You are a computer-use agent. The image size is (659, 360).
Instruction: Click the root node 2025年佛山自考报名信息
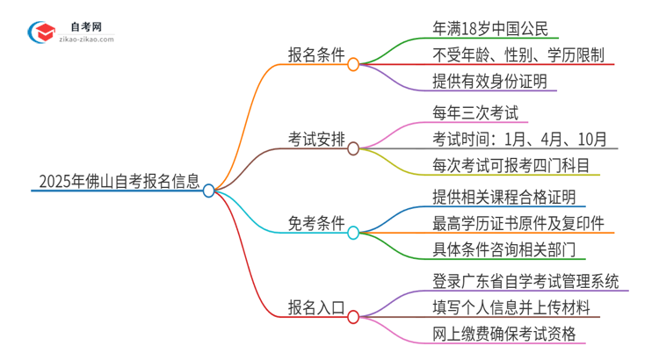(119, 182)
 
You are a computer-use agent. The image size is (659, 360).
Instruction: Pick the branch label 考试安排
(317, 140)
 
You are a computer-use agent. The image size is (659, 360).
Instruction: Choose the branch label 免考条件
(317, 223)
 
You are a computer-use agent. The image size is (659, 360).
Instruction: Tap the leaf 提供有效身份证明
(490, 82)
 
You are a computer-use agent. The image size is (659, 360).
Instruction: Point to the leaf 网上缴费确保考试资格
(504, 334)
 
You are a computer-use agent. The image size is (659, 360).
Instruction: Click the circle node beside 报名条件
(353, 64)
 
